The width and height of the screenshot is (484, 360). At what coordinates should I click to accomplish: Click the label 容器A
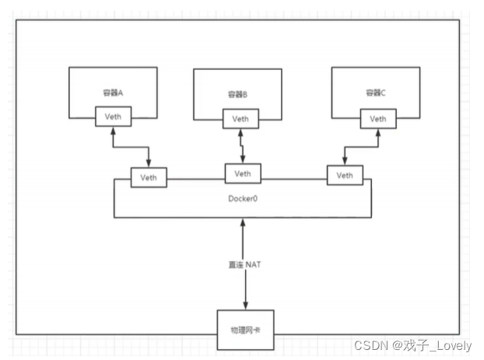click(114, 93)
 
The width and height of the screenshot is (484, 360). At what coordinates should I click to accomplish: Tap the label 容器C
click(377, 93)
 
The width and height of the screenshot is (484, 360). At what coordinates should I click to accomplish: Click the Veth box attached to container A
click(114, 117)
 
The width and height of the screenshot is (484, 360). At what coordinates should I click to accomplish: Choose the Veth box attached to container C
click(377, 119)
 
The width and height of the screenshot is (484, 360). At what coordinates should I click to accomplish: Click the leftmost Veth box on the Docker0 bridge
click(148, 177)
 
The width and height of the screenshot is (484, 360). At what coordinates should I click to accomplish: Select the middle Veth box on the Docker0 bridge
click(243, 173)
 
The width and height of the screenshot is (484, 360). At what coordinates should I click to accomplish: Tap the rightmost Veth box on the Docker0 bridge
click(344, 176)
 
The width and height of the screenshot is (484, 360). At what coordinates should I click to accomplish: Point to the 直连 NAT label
click(244, 264)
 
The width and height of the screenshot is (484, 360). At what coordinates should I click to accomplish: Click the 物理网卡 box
click(244, 323)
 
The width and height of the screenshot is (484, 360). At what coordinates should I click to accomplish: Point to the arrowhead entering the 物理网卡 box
click(244, 305)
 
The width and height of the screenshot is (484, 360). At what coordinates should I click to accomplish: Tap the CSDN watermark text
click(367, 344)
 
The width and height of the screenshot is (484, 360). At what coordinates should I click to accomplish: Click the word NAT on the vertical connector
click(254, 264)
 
